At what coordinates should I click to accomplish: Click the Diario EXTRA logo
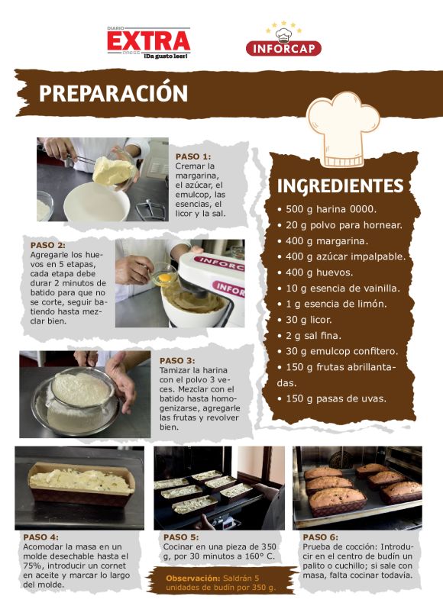tap(149, 43)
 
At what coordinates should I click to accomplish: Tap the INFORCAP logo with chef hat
tap(283, 39)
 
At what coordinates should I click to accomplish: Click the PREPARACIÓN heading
tap(113, 94)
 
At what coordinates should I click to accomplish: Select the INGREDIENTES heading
tap(340, 186)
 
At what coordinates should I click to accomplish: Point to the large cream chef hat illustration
tap(342, 129)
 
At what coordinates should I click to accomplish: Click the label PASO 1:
tap(193, 156)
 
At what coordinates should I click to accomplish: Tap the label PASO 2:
tap(48, 245)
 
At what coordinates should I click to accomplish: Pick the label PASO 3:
tap(177, 360)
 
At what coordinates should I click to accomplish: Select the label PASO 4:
tap(41, 537)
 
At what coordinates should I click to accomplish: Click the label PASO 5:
tap(181, 537)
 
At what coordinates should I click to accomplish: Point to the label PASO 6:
tap(320, 537)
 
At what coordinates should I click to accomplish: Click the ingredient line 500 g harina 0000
tap(327, 209)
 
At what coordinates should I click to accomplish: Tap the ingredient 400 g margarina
tap(322, 241)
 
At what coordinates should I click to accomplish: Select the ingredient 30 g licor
tap(305, 320)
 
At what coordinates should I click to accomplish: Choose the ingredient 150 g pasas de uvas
tap(332, 399)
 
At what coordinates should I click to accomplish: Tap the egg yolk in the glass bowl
tap(164, 277)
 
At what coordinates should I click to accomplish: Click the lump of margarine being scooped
tap(112, 170)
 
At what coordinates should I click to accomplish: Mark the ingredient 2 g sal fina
tap(309, 336)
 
